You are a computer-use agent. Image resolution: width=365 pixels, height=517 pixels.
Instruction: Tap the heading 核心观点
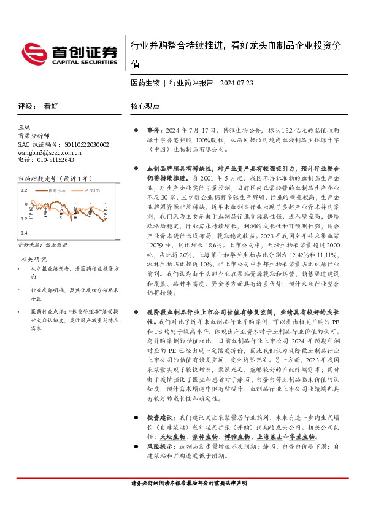pyautogui.click(x=145, y=106)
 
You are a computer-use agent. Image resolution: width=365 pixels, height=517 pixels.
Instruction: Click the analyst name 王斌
pyautogui.click(x=24, y=126)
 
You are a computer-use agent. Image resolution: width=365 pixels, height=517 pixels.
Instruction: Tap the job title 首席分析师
pyautogui.click(x=33, y=135)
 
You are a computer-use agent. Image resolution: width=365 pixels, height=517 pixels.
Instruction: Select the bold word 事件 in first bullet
pyautogui.click(x=153, y=131)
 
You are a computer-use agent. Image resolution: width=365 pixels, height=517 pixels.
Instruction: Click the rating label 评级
pyautogui.click(x=25, y=106)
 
